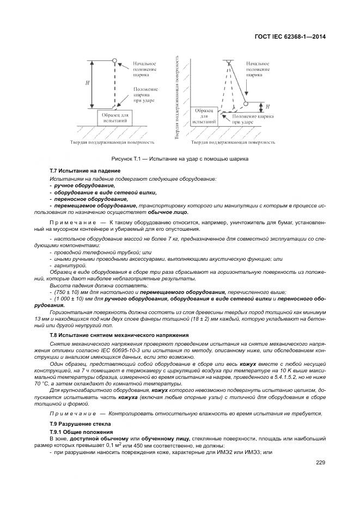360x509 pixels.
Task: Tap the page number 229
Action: (x=320, y=463)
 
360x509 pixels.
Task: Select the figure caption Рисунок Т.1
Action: (x=180, y=159)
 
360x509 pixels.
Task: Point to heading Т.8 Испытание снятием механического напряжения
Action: (x=119, y=335)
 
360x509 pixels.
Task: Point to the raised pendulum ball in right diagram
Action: (x=246, y=103)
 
